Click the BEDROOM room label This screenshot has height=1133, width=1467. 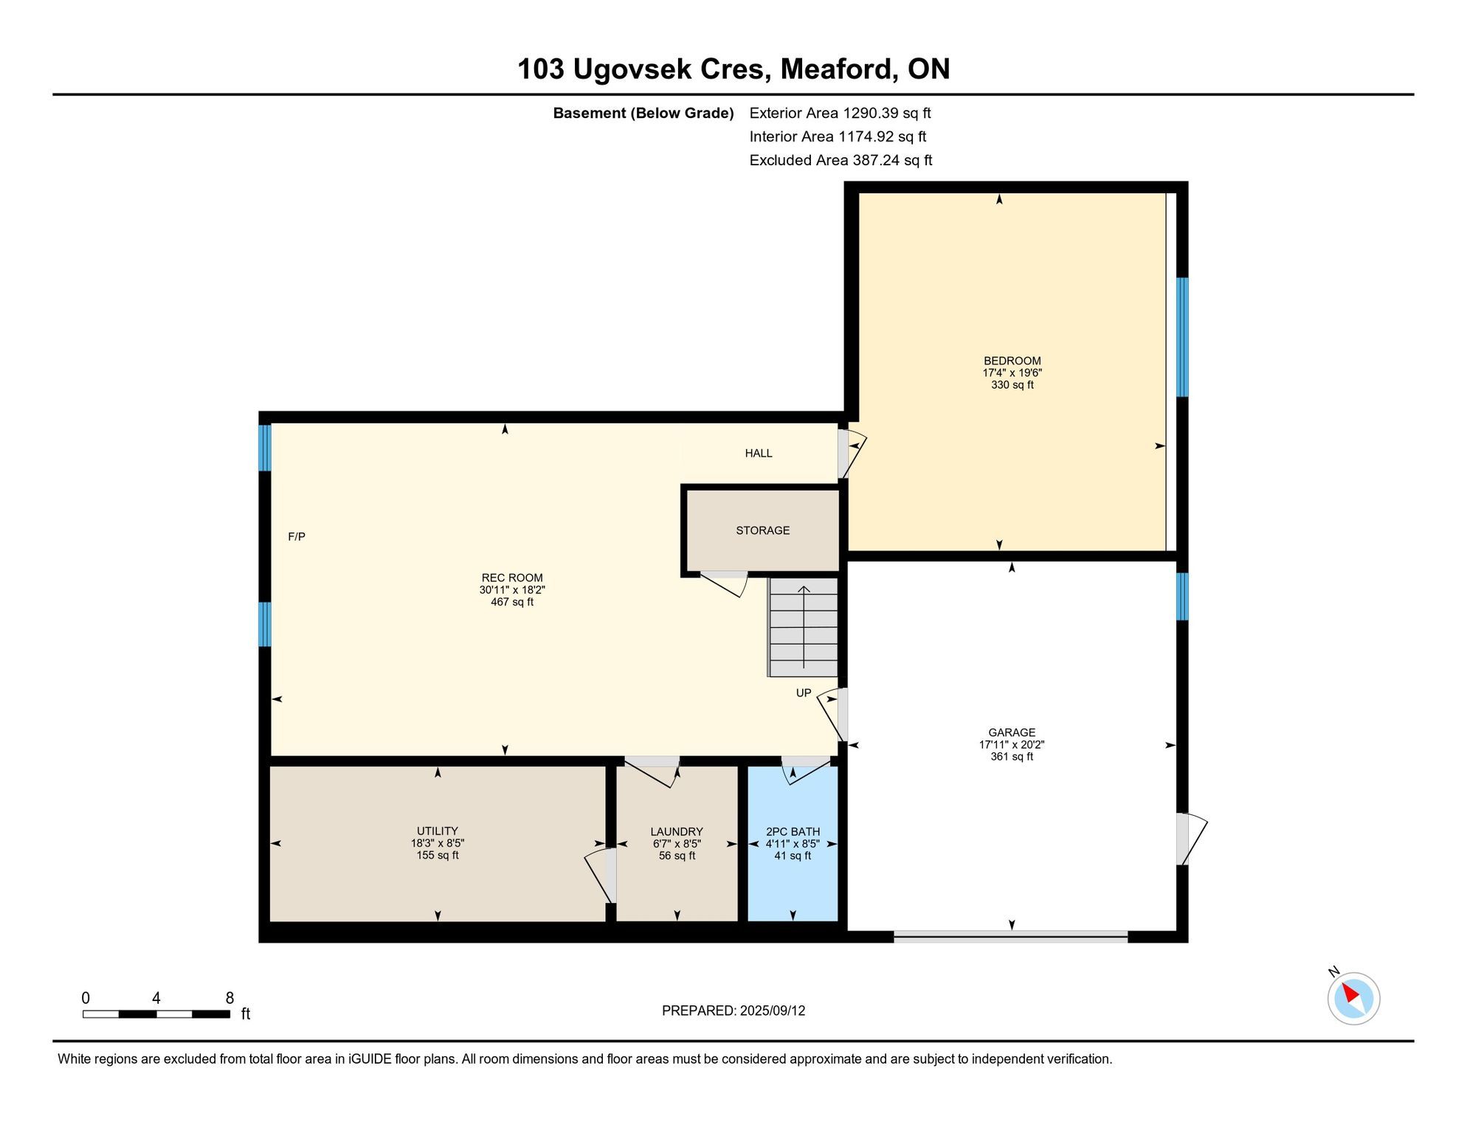point(1012,361)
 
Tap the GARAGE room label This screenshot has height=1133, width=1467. point(1012,732)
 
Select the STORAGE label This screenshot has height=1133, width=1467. point(763,530)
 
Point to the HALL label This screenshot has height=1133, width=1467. point(759,453)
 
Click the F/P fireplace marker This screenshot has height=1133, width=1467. point(297,537)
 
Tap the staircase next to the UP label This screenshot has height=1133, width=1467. point(803,627)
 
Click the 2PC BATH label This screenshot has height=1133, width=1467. point(793,831)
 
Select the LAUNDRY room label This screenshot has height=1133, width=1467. point(677,831)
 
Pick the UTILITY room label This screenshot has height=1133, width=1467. point(438,831)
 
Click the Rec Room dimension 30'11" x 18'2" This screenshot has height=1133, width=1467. point(512,590)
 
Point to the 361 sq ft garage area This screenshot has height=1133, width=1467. point(1012,756)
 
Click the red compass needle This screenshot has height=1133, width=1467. point(1351,993)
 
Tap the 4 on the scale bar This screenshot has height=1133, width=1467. point(156,998)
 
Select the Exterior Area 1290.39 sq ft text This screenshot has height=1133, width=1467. point(840,113)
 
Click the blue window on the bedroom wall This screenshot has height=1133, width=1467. point(1182,337)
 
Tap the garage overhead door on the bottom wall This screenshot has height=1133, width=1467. point(1011,937)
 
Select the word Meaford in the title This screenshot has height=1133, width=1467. point(839,69)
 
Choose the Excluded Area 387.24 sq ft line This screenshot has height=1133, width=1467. point(840,160)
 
